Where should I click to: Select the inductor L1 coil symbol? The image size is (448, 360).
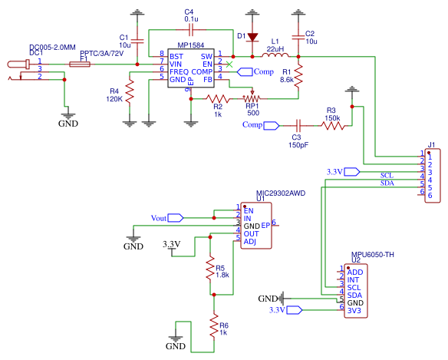275,55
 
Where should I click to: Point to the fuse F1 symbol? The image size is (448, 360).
79,64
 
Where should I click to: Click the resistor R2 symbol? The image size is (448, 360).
218,98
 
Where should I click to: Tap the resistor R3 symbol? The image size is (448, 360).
331,125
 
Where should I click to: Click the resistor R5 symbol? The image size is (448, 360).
209,269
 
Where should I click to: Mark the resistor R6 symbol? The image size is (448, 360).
214,327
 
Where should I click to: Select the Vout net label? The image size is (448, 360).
159,218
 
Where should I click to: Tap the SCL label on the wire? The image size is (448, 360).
387,175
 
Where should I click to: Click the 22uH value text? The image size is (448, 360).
274,48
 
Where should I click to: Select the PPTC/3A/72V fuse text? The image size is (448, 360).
101,54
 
